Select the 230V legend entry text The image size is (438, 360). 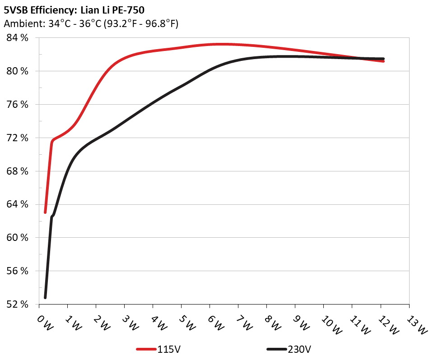299,349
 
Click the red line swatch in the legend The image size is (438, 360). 147,349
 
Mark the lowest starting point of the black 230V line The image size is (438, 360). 45,297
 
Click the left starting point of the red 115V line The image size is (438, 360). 45,212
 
